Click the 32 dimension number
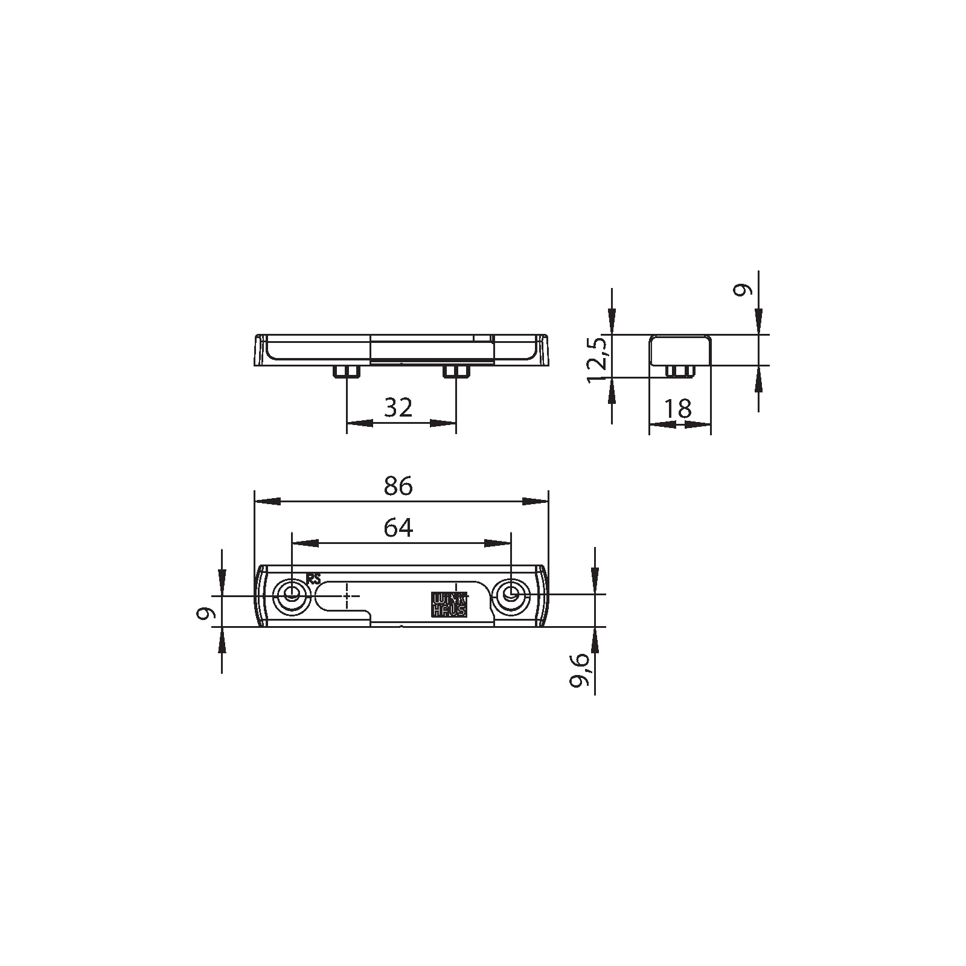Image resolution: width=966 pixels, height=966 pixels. coord(398,408)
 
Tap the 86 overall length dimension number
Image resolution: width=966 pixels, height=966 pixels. coord(398,485)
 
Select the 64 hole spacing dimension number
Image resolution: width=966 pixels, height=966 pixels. coord(398,528)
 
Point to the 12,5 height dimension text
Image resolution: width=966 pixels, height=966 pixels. coord(599,360)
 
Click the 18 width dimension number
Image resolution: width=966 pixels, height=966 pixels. coord(678,409)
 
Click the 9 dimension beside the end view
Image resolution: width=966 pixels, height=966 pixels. coord(743,290)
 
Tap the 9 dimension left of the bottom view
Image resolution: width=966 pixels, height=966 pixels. coord(207,614)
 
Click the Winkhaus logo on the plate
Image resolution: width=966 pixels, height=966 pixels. coord(449,604)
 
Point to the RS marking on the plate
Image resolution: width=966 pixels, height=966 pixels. coord(313,578)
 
